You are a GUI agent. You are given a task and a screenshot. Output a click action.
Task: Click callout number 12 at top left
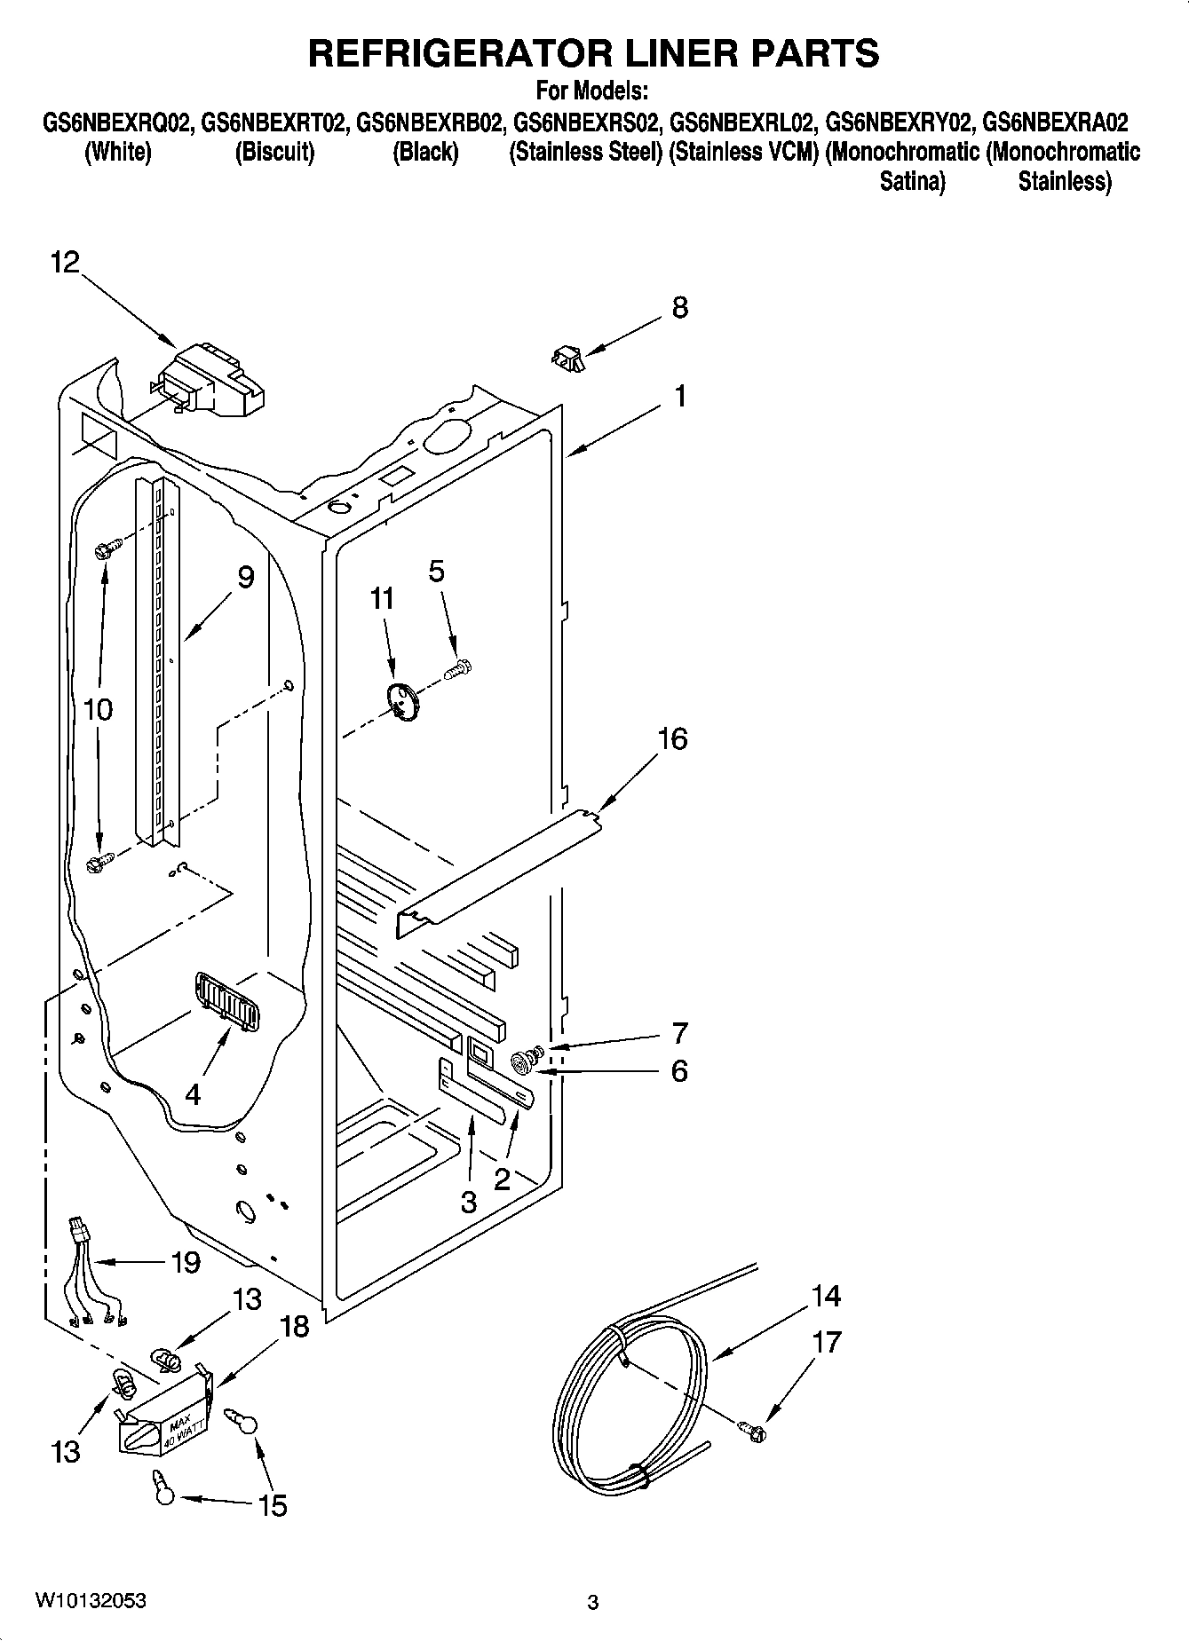pos(65,262)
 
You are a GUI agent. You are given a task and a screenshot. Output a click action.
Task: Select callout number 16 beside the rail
pos(672,738)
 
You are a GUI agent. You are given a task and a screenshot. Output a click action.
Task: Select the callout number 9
pos(246,577)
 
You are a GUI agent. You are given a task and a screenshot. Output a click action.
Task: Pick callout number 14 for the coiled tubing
pos(826,1297)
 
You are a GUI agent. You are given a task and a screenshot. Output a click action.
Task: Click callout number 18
pos(294,1327)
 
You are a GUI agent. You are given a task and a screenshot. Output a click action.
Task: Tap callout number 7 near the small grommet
pos(679,1033)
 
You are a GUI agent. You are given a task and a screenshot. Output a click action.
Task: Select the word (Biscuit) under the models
pos(274,152)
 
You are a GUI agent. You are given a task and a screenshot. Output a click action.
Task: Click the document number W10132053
pos(91,1600)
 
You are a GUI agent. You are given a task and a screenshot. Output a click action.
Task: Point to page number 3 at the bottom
pos(593,1602)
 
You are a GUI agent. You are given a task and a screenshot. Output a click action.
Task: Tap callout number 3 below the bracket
pos(468,1203)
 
